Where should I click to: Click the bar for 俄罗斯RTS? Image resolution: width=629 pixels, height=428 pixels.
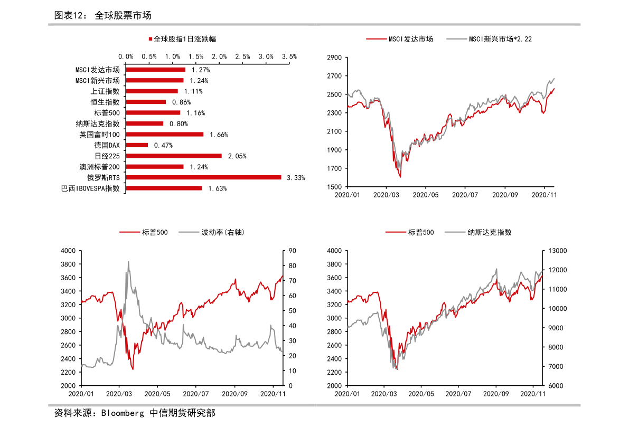(x=203, y=177)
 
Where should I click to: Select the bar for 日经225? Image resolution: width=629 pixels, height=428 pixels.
(x=174, y=156)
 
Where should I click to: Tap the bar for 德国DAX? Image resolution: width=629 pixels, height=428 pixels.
(x=137, y=145)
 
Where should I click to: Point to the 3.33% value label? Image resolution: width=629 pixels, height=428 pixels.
(x=296, y=178)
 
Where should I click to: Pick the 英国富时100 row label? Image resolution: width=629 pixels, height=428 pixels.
(x=100, y=134)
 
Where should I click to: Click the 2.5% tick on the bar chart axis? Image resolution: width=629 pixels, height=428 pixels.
(x=242, y=56)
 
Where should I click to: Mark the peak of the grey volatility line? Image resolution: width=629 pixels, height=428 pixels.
(x=128, y=261)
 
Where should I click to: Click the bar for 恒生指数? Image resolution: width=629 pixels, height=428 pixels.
(x=146, y=102)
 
